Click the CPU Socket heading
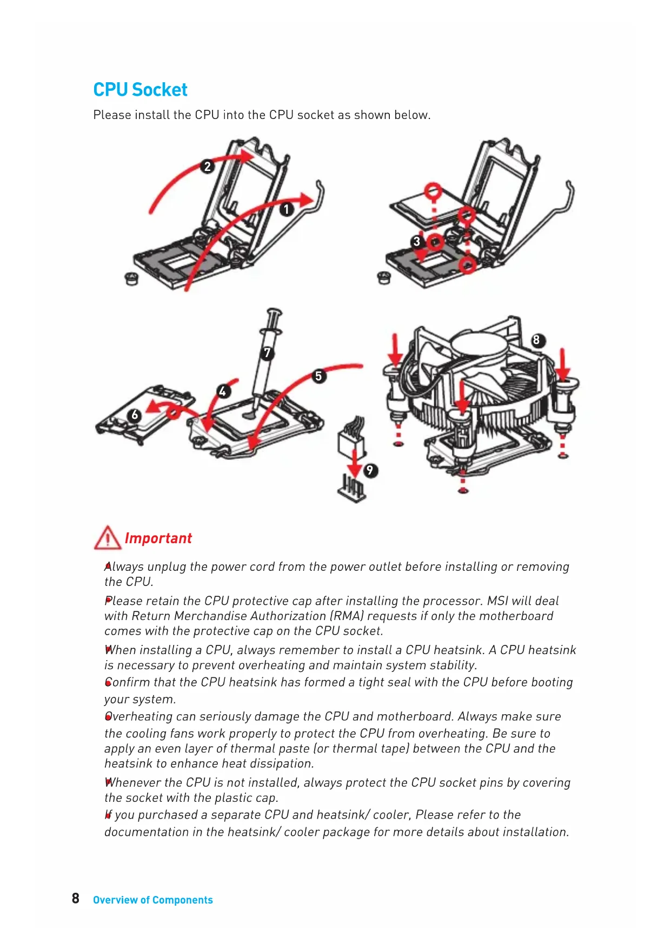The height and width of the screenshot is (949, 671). click(140, 90)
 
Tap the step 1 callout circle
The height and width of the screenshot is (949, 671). click(287, 209)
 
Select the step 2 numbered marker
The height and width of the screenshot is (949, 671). click(207, 166)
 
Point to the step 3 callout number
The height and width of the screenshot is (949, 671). click(416, 241)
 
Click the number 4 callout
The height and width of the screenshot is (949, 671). click(223, 391)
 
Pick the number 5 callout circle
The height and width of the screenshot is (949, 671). click(318, 376)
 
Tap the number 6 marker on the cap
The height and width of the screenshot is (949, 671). click(135, 415)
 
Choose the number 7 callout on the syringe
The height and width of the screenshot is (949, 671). click(267, 353)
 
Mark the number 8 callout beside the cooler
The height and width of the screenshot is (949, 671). click(536, 340)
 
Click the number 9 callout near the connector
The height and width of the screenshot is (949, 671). click(370, 470)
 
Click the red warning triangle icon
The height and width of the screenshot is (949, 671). click(107, 538)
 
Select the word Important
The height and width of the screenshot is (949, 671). click(158, 538)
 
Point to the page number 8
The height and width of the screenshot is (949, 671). click(76, 899)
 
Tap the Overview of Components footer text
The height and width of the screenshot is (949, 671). click(153, 900)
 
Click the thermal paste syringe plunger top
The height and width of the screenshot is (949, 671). click(275, 313)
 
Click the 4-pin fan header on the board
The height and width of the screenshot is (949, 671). click(352, 487)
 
